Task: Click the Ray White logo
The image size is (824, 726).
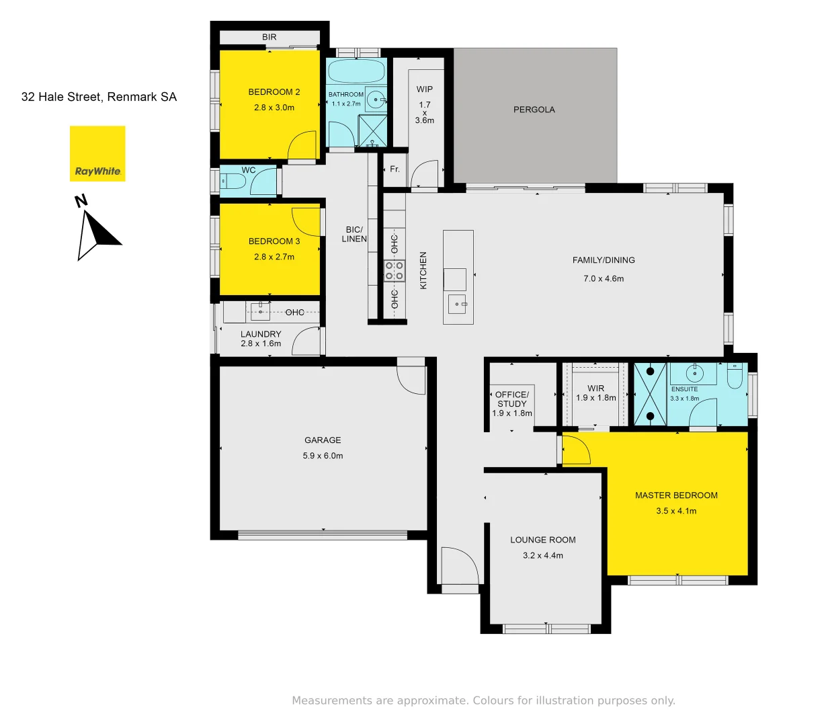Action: coord(97,154)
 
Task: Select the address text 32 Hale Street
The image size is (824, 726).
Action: coord(99,97)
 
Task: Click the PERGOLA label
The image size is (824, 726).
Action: coord(534,110)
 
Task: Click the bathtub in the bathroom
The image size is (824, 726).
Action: coord(356,71)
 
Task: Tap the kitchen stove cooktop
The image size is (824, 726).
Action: coord(395,271)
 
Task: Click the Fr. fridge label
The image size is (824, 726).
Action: coord(395,169)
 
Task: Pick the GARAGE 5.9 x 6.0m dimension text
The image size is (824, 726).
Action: coord(323,456)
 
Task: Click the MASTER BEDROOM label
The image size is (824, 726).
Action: coord(676,495)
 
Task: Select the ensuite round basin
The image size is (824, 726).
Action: coord(694,373)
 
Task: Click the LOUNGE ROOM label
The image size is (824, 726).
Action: coord(542,540)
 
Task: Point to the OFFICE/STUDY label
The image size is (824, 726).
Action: coord(512,399)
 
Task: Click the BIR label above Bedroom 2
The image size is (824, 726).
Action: coord(269,37)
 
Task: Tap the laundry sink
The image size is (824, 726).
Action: coord(260,311)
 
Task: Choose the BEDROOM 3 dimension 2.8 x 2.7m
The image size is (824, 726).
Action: coord(274,257)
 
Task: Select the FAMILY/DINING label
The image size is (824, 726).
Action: coord(603,260)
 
